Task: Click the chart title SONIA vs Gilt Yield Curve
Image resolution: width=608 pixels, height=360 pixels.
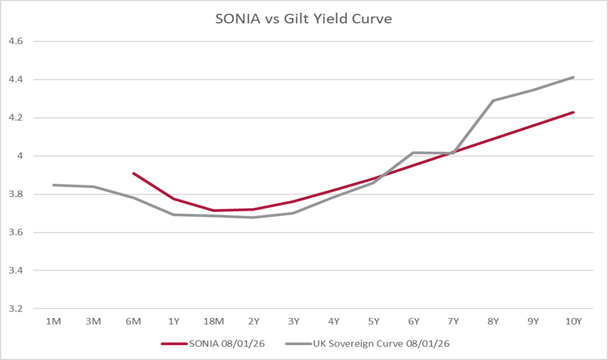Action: click(x=303, y=19)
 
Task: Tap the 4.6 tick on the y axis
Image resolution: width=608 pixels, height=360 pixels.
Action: click(x=14, y=41)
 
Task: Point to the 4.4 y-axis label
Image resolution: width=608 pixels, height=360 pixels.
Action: click(x=14, y=79)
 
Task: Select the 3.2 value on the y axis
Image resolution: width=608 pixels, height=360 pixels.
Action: click(x=14, y=309)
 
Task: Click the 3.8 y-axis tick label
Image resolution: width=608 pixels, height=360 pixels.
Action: click(x=14, y=194)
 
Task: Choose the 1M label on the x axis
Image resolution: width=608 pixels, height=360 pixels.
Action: click(x=54, y=321)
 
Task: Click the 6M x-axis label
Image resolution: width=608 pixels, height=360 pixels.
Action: click(x=134, y=321)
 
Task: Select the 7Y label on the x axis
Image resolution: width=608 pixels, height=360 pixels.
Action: click(x=454, y=321)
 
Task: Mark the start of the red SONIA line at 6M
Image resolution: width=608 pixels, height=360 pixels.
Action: click(x=134, y=173)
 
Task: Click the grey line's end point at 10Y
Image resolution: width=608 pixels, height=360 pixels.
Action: click(x=573, y=78)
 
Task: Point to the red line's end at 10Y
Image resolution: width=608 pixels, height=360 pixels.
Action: click(x=573, y=112)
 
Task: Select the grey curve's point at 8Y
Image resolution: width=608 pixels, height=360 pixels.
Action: click(x=494, y=100)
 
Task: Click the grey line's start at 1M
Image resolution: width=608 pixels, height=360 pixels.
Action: click(x=54, y=185)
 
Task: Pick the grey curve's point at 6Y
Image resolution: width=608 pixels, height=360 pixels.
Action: click(x=414, y=153)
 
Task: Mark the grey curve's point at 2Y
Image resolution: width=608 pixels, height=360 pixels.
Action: click(x=253, y=217)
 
